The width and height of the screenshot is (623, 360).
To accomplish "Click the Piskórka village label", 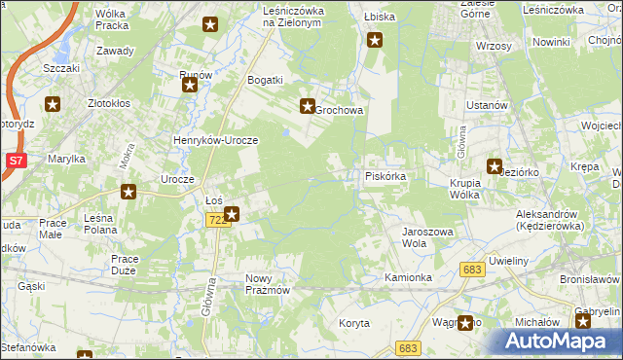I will [x=391, y=177].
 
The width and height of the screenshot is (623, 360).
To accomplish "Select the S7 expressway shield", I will [x=15, y=161].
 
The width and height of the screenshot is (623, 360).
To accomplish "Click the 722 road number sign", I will [x=217, y=221].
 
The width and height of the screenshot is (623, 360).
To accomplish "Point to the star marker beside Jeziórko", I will [x=494, y=166].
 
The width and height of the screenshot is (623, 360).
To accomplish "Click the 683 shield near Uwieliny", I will [x=473, y=270].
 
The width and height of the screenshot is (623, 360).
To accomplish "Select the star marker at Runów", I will [x=190, y=85].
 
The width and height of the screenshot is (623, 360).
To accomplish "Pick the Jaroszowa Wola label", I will [x=428, y=237].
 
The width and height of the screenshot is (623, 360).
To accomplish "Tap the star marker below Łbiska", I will [x=376, y=40].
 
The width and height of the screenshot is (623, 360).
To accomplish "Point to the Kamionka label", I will [x=408, y=278].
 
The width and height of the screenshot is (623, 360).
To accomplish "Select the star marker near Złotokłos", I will [x=53, y=102].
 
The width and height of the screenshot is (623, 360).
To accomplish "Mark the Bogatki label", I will [x=265, y=80].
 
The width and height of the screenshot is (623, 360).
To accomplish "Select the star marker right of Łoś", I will [x=231, y=214].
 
